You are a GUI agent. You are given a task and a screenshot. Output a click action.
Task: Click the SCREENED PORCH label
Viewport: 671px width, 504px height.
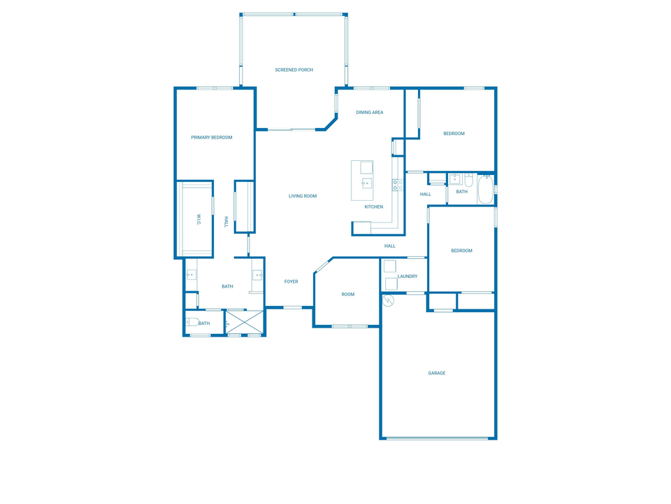point(294,70)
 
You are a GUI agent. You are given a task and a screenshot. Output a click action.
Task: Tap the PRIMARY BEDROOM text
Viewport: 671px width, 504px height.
point(212,138)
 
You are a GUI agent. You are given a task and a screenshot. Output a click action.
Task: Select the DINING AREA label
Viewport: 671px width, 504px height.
point(369,113)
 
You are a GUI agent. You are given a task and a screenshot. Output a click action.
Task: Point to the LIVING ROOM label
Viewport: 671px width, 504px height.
point(303,197)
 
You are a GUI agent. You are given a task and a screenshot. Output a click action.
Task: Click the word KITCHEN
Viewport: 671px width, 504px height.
point(374,207)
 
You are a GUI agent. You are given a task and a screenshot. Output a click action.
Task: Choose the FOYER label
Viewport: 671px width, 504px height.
point(291,282)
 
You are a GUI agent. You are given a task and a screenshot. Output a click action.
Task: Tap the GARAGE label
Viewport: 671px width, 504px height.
point(437,374)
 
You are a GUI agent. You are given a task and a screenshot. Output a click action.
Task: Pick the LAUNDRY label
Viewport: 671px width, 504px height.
point(407,276)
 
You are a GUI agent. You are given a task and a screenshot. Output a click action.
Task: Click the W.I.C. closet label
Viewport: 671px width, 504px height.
point(199,219)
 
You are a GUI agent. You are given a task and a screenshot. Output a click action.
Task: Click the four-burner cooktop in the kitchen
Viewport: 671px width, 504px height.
point(396,185)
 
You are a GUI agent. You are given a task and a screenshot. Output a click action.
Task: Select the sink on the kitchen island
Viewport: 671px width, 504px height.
point(366,183)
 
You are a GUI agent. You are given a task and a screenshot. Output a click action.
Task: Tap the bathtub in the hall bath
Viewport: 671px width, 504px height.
point(485,190)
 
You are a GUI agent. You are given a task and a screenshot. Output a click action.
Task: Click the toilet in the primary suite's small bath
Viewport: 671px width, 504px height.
point(192,323)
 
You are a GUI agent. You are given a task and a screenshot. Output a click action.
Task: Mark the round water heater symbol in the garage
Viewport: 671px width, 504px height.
point(389,300)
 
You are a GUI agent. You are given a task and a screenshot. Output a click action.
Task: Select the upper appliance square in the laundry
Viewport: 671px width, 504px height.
point(390,267)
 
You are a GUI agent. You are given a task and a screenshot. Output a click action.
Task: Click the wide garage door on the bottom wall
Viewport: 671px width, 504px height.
point(438,438)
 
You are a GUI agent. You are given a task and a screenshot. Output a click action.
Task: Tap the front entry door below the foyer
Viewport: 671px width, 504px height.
point(292,307)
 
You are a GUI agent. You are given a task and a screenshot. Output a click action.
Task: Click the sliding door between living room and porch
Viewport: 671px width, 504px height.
point(291,129)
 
